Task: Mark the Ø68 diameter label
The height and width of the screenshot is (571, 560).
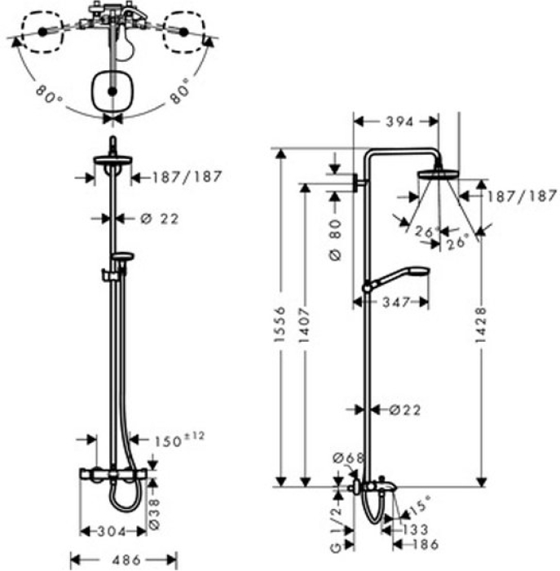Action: coord(349,458)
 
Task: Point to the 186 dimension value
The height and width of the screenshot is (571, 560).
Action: coord(423,543)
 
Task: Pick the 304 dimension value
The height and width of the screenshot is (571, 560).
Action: coord(112,532)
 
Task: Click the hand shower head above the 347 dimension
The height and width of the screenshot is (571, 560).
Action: coord(414,273)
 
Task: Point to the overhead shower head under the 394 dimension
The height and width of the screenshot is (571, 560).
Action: coord(439,173)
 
